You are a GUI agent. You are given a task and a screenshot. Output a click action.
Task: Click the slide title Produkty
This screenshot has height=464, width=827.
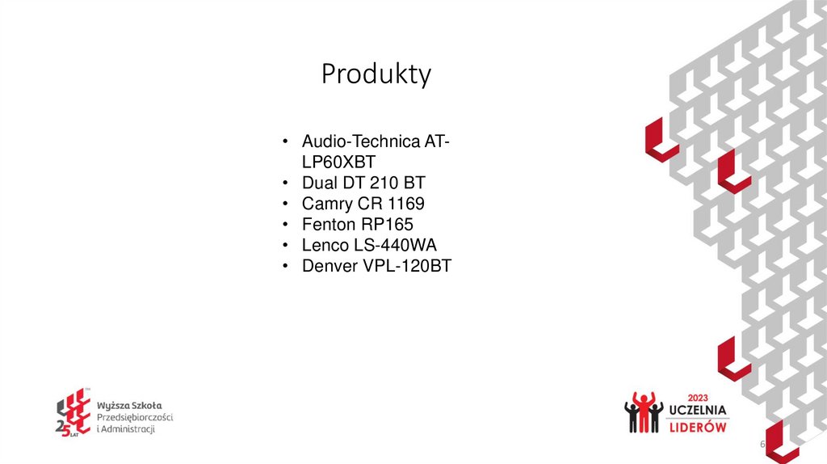[x=376, y=74]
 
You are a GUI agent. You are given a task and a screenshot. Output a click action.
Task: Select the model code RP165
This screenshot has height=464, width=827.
[x=388, y=224]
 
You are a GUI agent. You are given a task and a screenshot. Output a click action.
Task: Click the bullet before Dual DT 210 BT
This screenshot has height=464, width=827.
[x=286, y=183]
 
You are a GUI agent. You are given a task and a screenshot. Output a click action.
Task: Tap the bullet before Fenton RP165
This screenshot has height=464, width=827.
[x=286, y=225]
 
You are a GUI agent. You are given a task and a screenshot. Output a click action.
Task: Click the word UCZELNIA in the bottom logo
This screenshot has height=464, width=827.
[x=699, y=410]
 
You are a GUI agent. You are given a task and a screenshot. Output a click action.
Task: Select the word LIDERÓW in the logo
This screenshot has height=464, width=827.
[x=699, y=426]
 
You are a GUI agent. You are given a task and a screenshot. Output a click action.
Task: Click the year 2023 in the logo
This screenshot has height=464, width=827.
[x=698, y=397]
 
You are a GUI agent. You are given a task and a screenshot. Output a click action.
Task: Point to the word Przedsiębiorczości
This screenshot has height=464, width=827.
[x=135, y=416]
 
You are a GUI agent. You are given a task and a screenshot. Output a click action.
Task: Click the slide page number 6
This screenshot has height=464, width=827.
[x=762, y=446]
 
